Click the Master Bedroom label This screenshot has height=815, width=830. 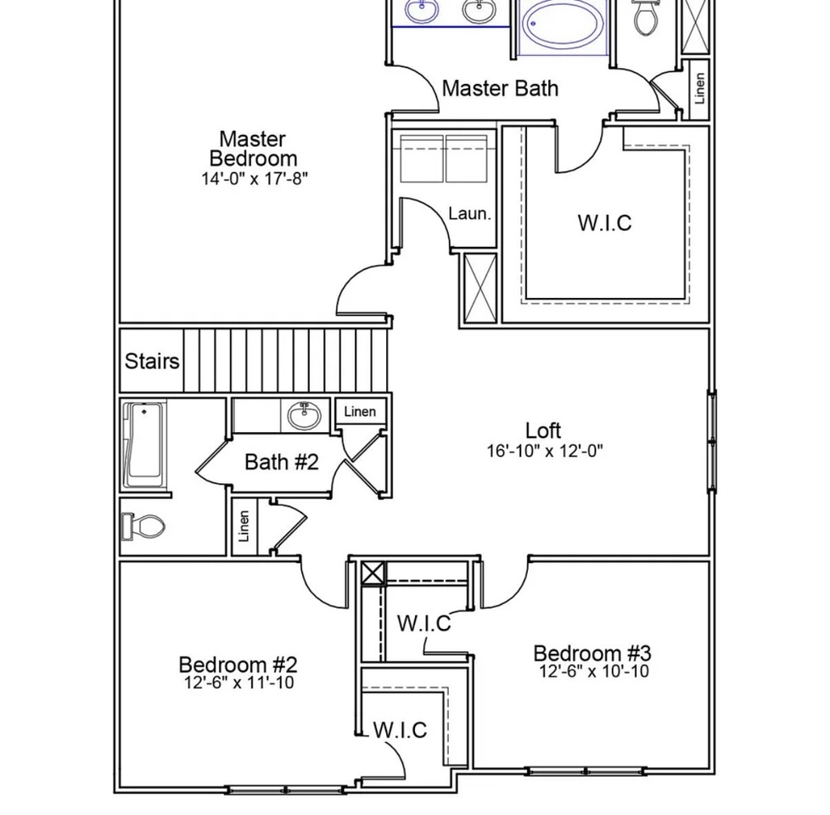click(253, 149)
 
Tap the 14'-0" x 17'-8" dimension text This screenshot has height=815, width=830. click(254, 178)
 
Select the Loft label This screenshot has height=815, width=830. click(543, 430)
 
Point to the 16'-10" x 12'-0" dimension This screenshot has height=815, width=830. click(545, 451)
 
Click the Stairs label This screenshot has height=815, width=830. click(152, 361)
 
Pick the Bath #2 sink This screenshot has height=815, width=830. click(304, 416)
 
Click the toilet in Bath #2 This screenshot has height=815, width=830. click(143, 526)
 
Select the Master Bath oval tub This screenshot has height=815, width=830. click(562, 25)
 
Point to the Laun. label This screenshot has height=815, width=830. click(469, 214)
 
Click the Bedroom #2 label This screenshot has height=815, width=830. click(238, 664)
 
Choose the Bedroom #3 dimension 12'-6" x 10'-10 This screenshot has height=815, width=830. click(594, 671)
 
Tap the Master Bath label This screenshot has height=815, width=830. click(500, 88)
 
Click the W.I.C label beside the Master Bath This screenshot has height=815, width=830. click(604, 223)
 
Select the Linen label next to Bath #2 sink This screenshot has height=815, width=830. click(360, 412)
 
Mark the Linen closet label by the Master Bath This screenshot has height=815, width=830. click(700, 88)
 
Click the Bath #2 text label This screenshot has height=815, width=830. click(282, 463)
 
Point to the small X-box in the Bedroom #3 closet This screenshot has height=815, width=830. click(373, 573)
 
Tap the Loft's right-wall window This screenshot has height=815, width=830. click(712, 441)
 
